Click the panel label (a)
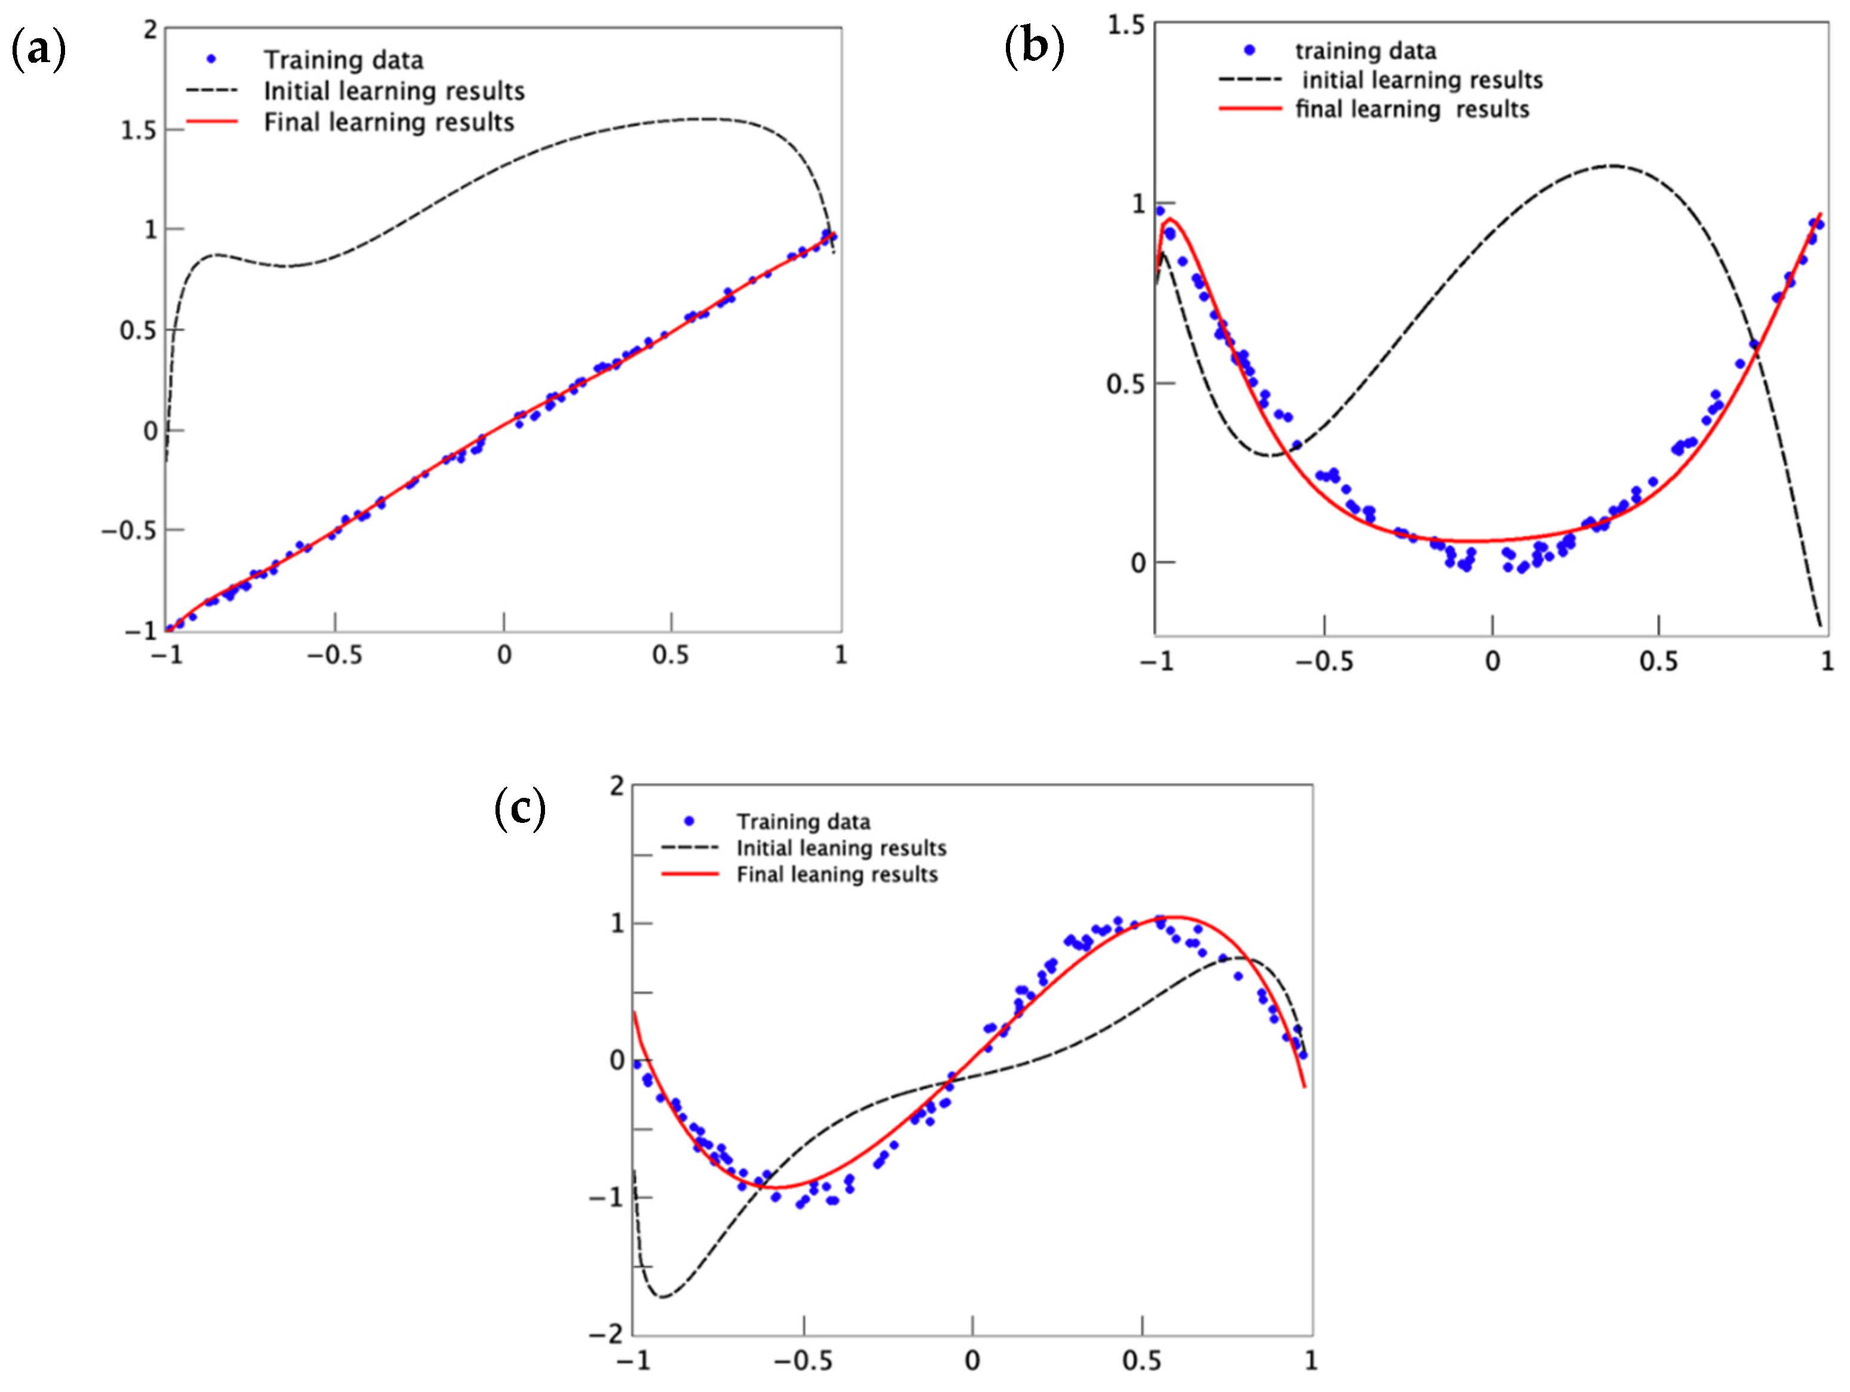coord(38,50)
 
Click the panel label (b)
coord(1034,46)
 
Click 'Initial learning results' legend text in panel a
coord(394,91)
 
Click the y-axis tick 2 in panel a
coord(150,30)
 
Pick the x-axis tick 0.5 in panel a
coord(671,655)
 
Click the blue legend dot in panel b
coord(1249,50)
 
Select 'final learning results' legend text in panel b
coord(1412,110)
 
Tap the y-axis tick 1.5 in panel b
coord(1126,25)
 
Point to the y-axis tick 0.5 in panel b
coord(1126,384)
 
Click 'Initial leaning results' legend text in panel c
coord(841,848)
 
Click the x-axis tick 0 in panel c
coord(972,1360)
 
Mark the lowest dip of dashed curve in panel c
coord(661,1296)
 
